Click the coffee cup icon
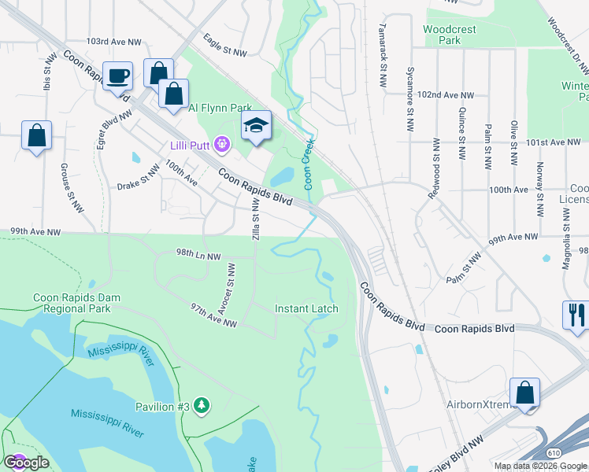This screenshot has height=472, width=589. pyautogui.click(x=117, y=76)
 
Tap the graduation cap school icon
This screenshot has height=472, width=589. pyautogui.click(x=255, y=126)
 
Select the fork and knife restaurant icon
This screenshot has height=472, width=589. pyautogui.click(x=576, y=315)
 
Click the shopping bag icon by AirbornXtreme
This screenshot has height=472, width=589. pyautogui.click(x=524, y=393)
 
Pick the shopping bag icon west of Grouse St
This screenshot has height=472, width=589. pyautogui.click(x=36, y=136)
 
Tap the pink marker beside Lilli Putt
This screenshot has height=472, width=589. pyautogui.click(x=223, y=144)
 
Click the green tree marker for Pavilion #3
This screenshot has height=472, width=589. pyautogui.click(x=203, y=405)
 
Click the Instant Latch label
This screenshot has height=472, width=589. pyautogui.click(x=306, y=308)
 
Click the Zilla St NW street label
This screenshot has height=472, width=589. pyautogui.click(x=255, y=219)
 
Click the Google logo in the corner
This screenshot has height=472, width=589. pyautogui.click(x=26, y=462)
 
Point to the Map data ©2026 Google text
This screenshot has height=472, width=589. pyautogui.click(x=539, y=466)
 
